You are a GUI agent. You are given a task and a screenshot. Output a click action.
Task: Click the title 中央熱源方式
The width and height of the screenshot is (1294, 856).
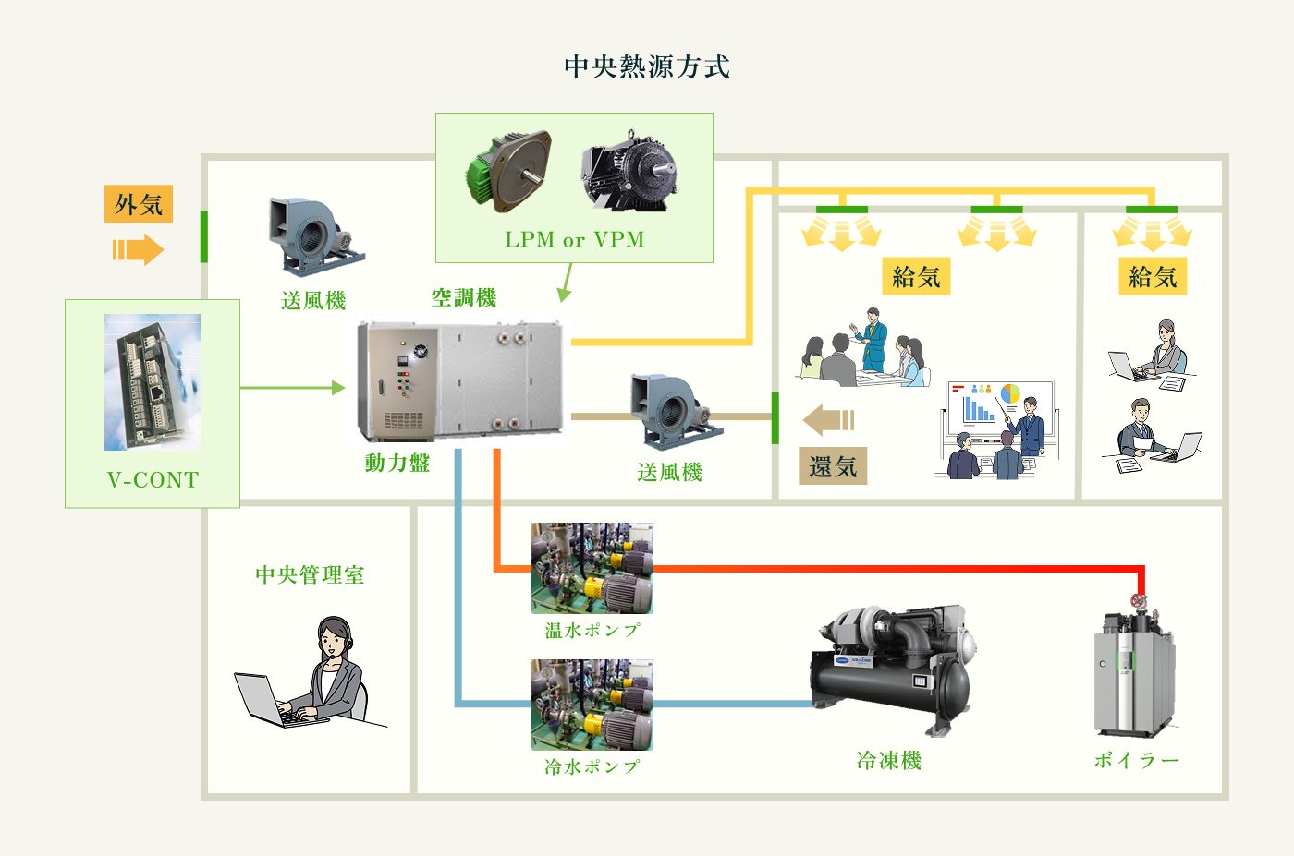[647, 66]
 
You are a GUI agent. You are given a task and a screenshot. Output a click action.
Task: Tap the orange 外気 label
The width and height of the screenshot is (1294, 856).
[139, 204]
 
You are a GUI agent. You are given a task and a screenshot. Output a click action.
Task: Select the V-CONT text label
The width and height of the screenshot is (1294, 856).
[153, 480]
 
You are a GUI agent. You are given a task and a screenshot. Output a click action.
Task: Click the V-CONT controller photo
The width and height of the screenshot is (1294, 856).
[153, 381]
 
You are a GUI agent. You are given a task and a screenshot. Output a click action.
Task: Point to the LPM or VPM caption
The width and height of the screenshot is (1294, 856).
[574, 240]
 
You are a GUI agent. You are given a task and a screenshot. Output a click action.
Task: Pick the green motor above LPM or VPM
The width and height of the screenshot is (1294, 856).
[507, 171]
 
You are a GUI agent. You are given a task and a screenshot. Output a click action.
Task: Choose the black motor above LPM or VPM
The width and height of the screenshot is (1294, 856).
[629, 171]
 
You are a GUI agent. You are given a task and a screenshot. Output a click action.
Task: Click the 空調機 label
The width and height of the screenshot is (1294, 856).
[464, 297]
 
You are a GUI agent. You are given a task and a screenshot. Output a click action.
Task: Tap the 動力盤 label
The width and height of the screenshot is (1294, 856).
[397, 463]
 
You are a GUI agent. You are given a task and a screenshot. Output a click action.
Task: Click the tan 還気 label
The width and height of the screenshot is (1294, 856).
[833, 466]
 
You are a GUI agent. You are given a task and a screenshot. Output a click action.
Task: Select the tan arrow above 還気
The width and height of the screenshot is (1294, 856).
[828, 420]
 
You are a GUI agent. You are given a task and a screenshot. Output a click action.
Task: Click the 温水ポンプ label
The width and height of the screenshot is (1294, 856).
[592, 631]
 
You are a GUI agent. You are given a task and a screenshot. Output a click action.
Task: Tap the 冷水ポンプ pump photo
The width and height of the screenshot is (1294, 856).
[592, 705]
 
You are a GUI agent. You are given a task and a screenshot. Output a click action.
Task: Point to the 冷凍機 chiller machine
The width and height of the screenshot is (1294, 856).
[892, 669]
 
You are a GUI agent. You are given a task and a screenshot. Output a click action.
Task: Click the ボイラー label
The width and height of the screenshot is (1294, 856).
[1137, 760]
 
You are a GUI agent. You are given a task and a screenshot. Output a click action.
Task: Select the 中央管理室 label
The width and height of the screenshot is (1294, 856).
[310, 575]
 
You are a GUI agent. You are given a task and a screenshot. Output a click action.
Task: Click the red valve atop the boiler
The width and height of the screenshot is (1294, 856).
[1139, 601]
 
